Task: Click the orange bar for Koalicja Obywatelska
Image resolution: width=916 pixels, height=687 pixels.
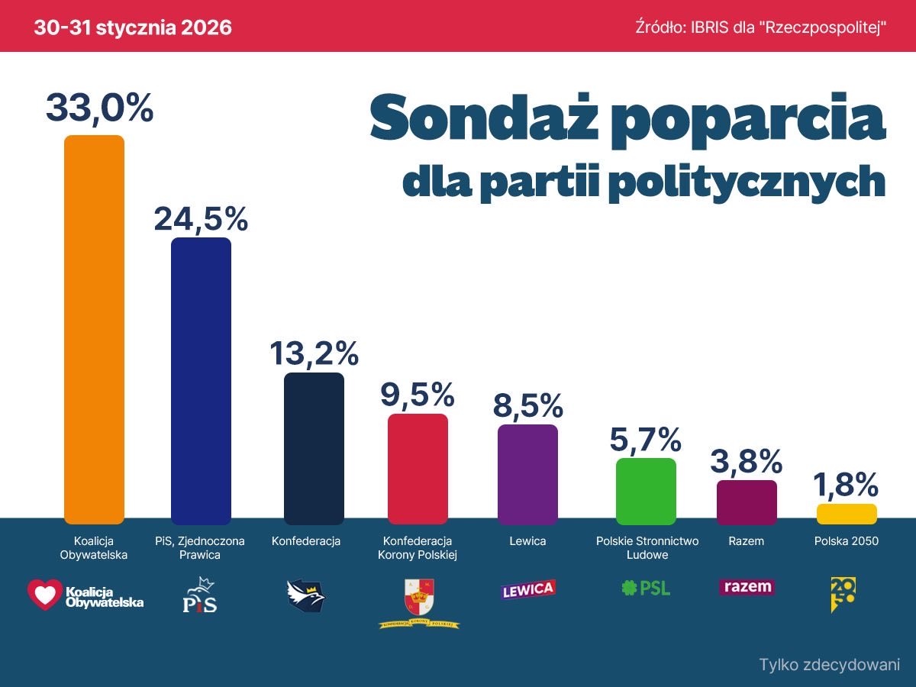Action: click(x=94, y=328)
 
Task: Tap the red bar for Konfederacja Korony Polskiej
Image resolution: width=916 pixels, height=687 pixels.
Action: click(x=418, y=468)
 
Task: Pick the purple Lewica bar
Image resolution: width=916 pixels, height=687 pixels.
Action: click(x=527, y=473)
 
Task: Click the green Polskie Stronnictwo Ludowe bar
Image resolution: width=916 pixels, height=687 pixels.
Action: click(x=646, y=490)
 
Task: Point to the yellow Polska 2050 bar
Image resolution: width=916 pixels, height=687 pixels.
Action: click(x=847, y=513)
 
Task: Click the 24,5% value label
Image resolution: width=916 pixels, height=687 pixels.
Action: click(x=201, y=219)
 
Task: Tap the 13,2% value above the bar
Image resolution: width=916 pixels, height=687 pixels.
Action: click(x=314, y=353)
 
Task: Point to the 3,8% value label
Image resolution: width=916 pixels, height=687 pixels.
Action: click(x=747, y=461)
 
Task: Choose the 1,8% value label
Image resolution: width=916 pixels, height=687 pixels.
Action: click(x=847, y=485)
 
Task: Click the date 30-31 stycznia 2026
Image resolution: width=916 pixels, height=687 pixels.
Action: click(x=133, y=28)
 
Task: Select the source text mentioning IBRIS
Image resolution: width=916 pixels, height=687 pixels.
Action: click(x=760, y=28)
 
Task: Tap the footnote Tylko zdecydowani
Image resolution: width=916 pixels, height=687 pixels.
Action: click(x=830, y=664)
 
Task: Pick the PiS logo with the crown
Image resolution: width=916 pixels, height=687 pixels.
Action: click(x=200, y=595)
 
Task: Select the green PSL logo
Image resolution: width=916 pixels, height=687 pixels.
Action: click(x=647, y=588)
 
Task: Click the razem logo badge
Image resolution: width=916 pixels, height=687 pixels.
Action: click(x=747, y=587)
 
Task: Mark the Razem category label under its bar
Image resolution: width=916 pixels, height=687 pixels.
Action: click(x=747, y=541)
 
